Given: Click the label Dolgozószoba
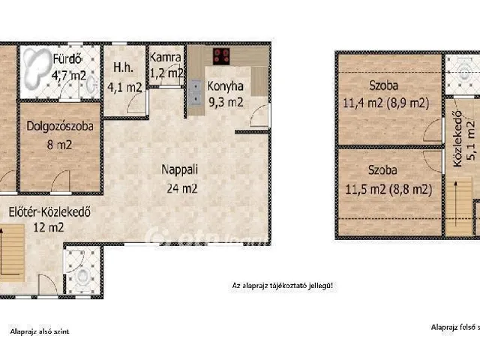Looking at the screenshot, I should (x=59, y=127).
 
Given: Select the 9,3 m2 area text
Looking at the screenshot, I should (x=226, y=103).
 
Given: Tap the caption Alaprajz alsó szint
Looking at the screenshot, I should (x=40, y=330).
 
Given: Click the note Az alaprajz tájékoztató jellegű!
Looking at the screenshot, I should (x=280, y=286).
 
